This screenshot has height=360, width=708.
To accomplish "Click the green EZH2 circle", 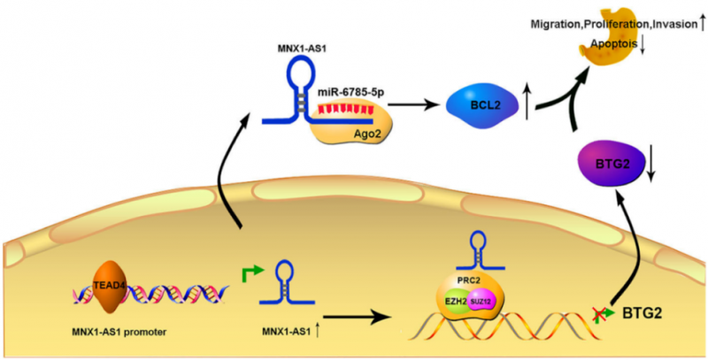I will click(x=456, y=302).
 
